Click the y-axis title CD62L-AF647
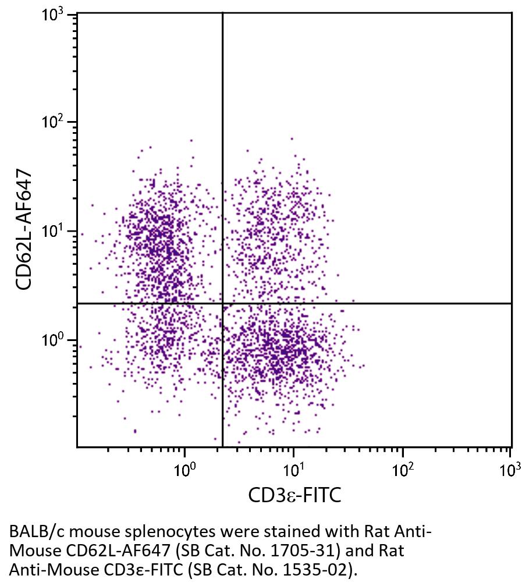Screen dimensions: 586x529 click(x=24, y=230)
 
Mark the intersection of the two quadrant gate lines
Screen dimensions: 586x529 click(x=223, y=303)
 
